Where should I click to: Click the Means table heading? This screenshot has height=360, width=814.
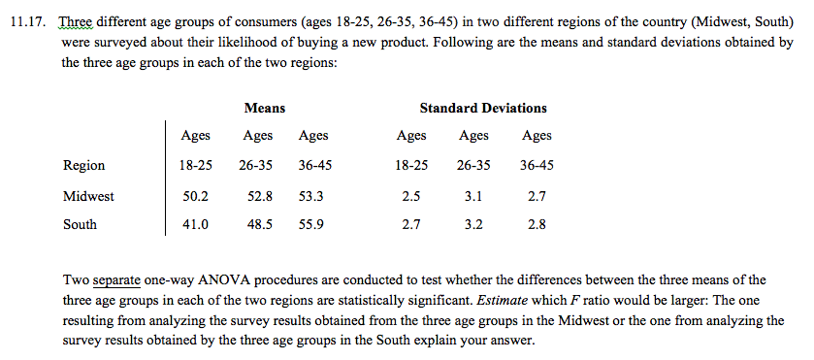tap(264, 108)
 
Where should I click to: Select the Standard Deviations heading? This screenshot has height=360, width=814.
tap(482, 108)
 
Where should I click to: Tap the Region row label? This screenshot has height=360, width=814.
tap(83, 165)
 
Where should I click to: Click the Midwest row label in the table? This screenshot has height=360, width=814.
tap(88, 195)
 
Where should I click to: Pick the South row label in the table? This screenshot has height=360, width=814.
tap(80, 224)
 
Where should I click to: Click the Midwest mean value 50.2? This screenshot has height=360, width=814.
tap(196, 195)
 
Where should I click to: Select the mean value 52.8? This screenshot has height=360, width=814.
tap(260, 195)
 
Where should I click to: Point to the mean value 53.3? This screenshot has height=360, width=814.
tap(311, 195)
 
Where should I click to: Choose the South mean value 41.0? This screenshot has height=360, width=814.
tap(196, 224)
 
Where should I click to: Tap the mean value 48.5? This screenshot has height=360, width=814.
tap(260, 224)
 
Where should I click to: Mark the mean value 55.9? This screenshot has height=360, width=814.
tap(311, 224)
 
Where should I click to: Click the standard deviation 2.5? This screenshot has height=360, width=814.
tap(410, 195)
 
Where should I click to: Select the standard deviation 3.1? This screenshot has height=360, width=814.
tap(473, 195)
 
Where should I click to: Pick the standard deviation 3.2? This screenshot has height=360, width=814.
tap(473, 224)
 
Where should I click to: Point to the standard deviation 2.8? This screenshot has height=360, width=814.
tap(537, 224)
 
